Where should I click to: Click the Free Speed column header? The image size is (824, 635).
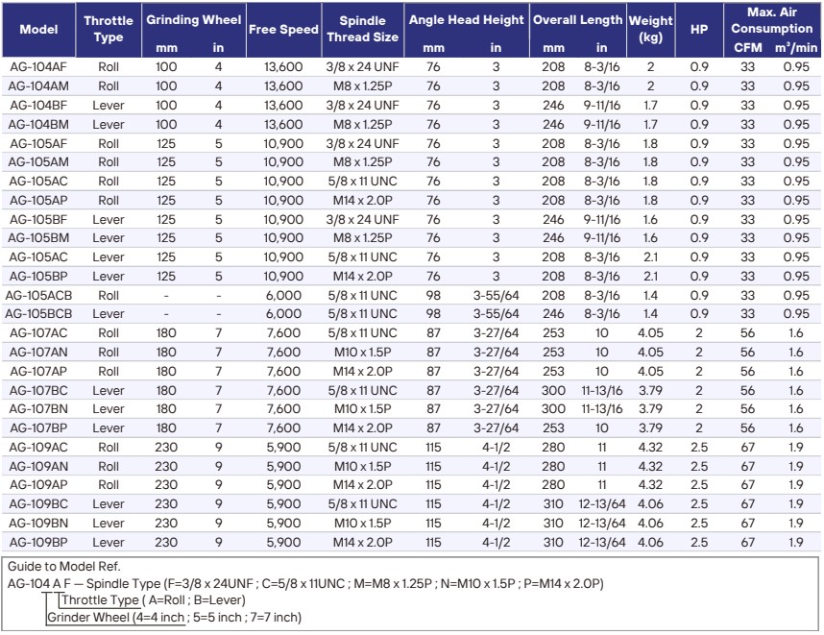[283, 30]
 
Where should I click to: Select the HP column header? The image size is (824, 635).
[699, 30]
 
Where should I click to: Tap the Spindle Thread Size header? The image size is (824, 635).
[363, 29]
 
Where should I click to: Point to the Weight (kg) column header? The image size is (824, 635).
[650, 29]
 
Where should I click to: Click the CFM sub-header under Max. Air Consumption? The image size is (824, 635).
[748, 48]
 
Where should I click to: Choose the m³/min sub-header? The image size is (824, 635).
[796, 48]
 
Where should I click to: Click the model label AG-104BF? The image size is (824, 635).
[38, 105]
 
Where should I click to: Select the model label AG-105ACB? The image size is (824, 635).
[38, 296]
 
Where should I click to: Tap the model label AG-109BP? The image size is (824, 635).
[38, 542]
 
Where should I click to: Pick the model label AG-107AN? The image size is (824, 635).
[38, 353]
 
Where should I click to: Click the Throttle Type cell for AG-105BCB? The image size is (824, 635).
[109, 314]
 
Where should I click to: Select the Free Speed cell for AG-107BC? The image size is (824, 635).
[283, 391]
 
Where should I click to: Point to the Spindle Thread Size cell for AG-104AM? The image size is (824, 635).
[363, 86]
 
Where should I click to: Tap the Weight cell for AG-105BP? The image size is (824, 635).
[650, 276]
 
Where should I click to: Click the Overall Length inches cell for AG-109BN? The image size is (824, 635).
[602, 523]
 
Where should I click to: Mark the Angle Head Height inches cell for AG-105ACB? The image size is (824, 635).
[497, 296]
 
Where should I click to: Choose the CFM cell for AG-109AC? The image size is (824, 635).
[748, 448]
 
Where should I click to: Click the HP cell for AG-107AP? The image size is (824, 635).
[699, 371]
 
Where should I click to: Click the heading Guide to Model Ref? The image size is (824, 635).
[63, 566]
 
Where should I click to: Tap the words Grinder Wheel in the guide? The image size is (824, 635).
[88, 617]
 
